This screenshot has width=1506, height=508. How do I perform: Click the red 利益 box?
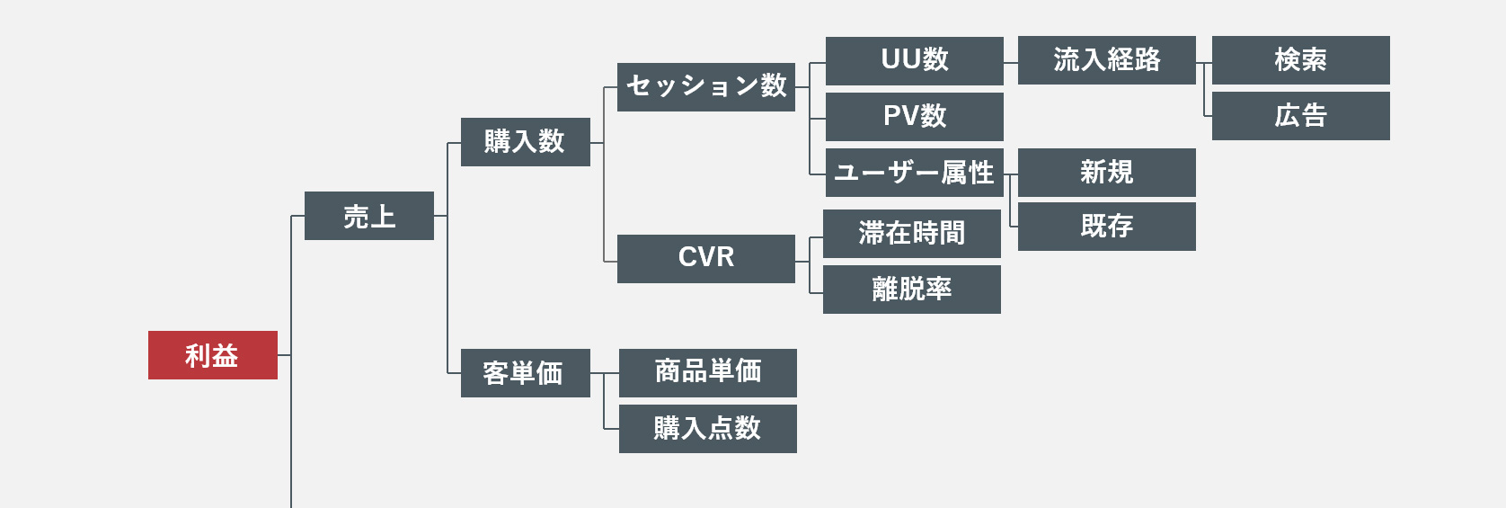[x=213, y=355]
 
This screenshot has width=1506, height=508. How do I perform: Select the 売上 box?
[x=368, y=216]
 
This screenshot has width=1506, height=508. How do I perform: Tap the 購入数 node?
[x=525, y=142]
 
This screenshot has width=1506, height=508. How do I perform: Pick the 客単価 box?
[x=525, y=373]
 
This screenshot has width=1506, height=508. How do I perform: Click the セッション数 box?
[x=705, y=87]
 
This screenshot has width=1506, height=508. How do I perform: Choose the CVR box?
[x=705, y=259]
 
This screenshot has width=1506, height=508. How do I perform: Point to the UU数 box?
[x=914, y=61]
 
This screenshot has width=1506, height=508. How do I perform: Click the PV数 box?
[x=914, y=117]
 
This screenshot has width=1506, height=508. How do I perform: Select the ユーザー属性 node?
[x=914, y=173]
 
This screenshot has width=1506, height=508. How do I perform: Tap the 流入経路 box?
[x=1106, y=60]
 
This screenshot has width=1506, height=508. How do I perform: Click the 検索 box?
[x=1300, y=60]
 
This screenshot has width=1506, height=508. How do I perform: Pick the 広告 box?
[x=1300, y=116]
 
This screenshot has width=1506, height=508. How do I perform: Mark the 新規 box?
[x=1106, y=173]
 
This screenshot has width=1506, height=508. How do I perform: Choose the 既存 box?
[x=1106, y=227]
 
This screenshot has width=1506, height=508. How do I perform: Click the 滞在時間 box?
[x=911, y=234]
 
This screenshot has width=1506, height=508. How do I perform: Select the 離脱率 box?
[x=911, y=290]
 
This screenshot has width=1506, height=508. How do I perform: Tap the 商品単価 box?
[x=707, y=373]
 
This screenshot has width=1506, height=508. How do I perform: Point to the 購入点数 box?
[x=707, y=429]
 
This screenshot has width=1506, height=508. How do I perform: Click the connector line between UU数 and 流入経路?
[x=1011, y=63]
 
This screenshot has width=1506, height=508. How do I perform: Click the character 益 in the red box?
[x=226, y=356]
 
